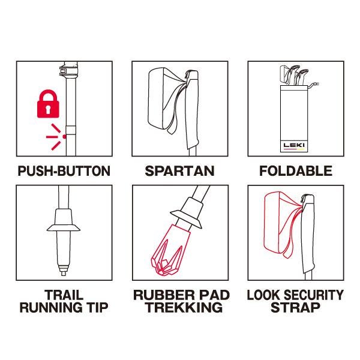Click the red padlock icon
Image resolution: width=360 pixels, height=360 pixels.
click(x=48, y=104)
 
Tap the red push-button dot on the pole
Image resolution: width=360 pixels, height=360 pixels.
click(x=65, y=137)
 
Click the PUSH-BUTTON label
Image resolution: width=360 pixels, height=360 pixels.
click(x=64, y=171)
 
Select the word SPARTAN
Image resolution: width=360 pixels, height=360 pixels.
click(x=180, y=171)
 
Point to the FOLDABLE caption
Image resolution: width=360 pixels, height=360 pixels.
click(x=296, y=171)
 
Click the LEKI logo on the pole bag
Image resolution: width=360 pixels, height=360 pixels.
click(x=294, y=145)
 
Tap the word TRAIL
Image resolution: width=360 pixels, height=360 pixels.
click(x=64, y=295)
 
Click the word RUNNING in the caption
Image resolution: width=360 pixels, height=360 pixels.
click(x=51, y=308)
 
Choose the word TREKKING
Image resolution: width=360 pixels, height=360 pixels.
click(x=184, y=308)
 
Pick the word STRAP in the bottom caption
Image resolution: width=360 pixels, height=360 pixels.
click(x=295, y=308)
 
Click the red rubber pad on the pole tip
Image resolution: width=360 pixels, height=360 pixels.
click(x=169, y=250)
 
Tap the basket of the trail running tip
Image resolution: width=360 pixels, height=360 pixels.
click(x=64, y=228)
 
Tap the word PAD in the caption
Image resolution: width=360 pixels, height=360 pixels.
click(x=214, y=295)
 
